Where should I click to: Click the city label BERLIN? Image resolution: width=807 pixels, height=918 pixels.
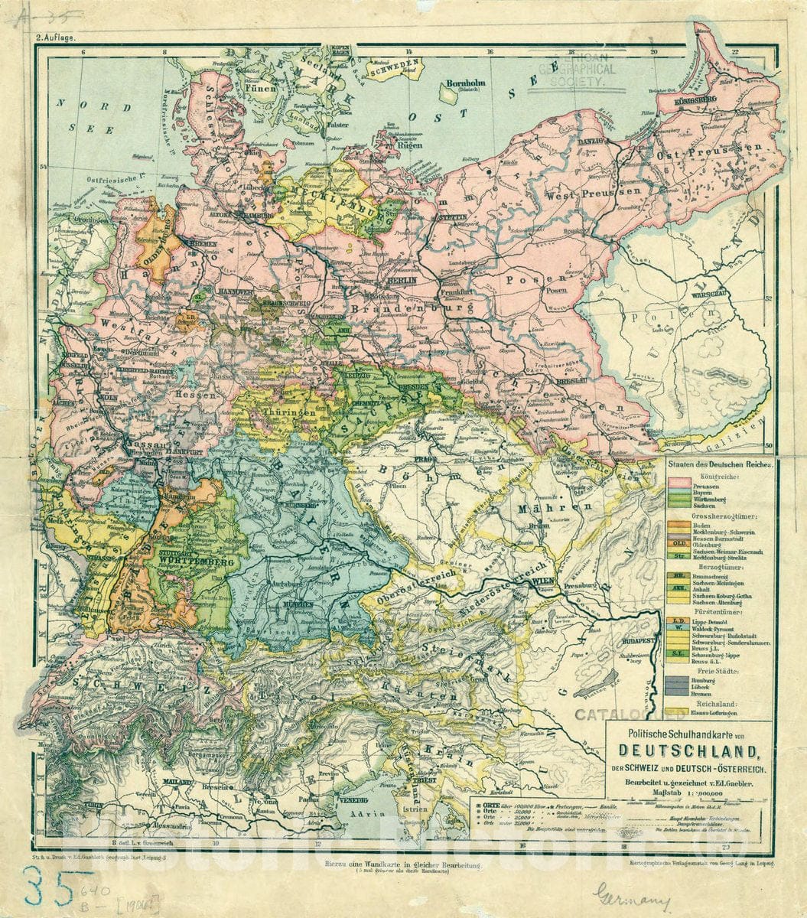pos(402,281)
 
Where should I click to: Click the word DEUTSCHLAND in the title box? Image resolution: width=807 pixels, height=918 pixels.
pos(689,749)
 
